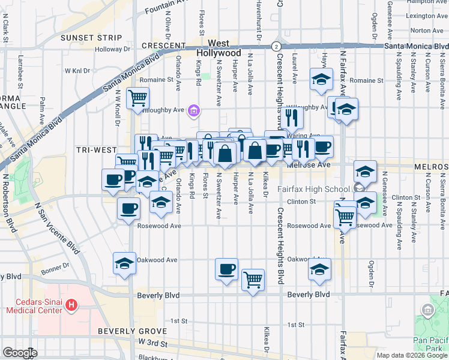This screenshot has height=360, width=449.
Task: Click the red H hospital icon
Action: [x=71, y=305]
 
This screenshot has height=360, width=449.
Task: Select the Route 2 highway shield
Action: [x=275, y=46]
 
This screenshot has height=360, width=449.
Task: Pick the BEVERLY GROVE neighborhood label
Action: [x=132, y=331]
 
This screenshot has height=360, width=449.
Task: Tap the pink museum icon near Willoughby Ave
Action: [x=193, y=110]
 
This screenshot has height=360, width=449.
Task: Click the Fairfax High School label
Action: [x=314, y=190]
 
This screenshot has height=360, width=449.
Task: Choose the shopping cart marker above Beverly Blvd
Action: [x=253, y=279]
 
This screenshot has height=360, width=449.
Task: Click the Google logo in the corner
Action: [x=19, y=353]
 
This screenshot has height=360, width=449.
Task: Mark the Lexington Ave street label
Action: [x=427, y=16]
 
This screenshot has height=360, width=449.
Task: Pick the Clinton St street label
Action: [x=301, y=202]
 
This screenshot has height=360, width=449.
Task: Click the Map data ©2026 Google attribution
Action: [x=412, y=355]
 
